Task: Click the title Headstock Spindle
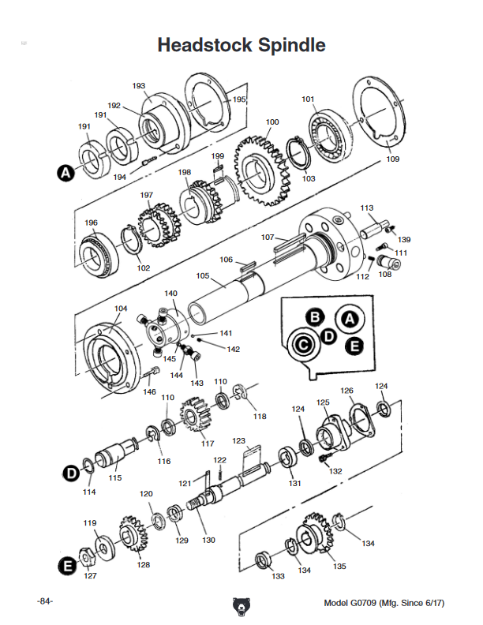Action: pos(241,45)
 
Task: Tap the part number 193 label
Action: pos(139,86)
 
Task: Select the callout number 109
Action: pos(392,159)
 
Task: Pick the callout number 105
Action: pos(203,276)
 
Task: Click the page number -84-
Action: pos(44,602)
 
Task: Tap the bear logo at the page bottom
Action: pos(241,605)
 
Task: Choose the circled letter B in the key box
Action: pos(315,317)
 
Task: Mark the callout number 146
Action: pos(149,391)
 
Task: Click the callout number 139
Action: pos(404,239)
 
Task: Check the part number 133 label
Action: pos(279,577)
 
